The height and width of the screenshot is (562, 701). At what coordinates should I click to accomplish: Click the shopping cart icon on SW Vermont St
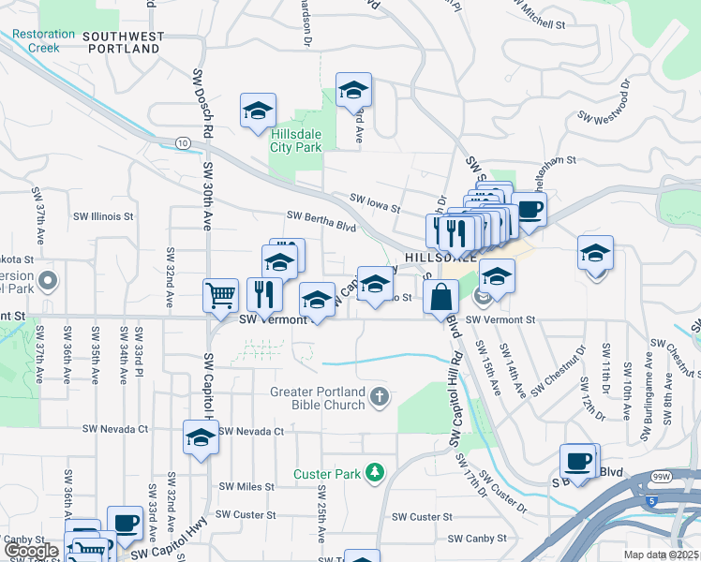click(x=220, y=296)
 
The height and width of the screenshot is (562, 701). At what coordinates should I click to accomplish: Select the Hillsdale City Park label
click(x=295, y=141)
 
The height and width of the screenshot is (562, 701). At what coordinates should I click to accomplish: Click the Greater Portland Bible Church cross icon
click(x=379, y=397)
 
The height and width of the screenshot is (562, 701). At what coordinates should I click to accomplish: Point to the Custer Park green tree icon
click(x=375, y=472)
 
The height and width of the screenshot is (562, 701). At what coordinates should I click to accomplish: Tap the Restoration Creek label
click(x=43, y=40)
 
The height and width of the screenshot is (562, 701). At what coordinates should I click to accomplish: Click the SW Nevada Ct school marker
click(x=201, y=438)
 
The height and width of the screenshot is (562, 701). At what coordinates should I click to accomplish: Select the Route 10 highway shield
click(x=182, y=142)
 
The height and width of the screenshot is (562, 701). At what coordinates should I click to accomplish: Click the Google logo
click(x=31, y=551)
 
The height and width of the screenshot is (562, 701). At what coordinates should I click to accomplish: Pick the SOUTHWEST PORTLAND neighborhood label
click(x=123, y=42)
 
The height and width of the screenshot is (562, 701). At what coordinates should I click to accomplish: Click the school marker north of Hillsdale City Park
click(x=354, y=90)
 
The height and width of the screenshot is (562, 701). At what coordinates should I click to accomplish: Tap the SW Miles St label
click(x=246, y=487)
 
